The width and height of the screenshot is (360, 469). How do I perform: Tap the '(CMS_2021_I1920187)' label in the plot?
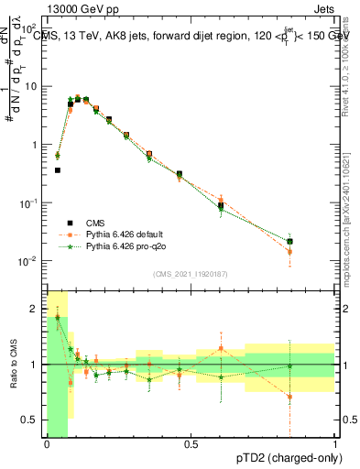[x=191, y=274]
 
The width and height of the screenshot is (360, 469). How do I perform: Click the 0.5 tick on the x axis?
[x=191, y=444]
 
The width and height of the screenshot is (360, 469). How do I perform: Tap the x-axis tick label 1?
[x=335, y=444]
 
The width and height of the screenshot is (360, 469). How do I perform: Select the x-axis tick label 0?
[x=47, y=444]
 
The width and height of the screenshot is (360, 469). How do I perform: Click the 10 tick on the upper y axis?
[x=32, y=86]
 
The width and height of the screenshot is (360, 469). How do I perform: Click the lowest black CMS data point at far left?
[x=58, y=169]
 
